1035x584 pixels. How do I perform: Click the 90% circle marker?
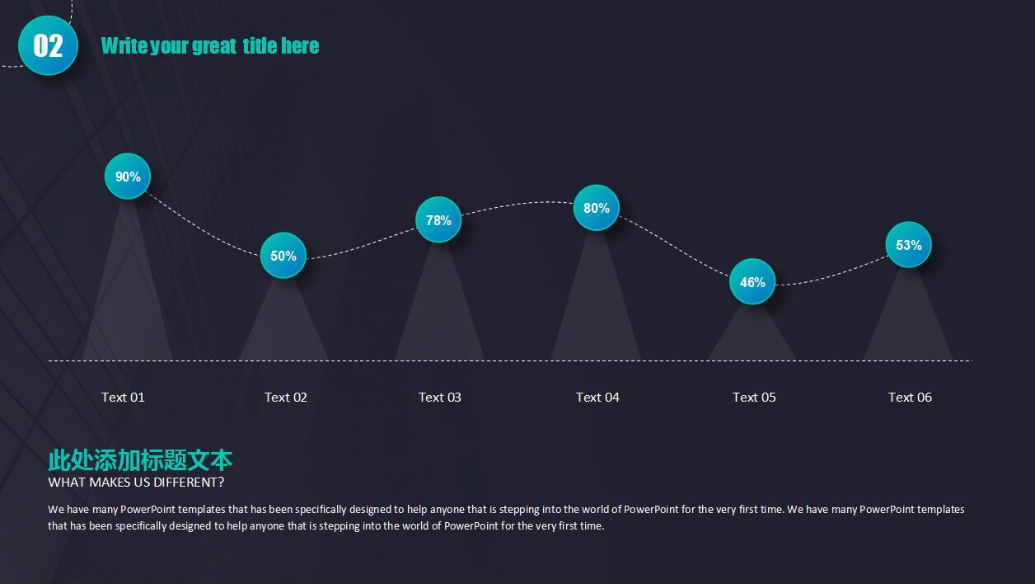[128, 177]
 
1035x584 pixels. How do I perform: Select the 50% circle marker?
[283, 255]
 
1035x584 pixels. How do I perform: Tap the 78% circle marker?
[438, 219]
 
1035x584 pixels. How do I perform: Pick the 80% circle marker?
[596, 208]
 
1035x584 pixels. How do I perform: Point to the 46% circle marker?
[752, 281]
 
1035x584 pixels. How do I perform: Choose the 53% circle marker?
[908, 245]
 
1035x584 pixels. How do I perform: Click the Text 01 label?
[123, 398]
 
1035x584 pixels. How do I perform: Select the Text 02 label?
[286, 398]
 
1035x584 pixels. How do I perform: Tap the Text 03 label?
[440, 398]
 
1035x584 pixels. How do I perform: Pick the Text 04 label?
[597, 398]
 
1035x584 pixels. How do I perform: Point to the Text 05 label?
[754, 398]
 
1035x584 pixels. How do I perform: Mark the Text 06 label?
[911, 398]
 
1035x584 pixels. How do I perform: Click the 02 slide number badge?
[48, 45]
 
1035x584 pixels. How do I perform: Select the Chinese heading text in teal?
[140, 459]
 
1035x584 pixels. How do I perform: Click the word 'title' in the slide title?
[260, 45]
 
